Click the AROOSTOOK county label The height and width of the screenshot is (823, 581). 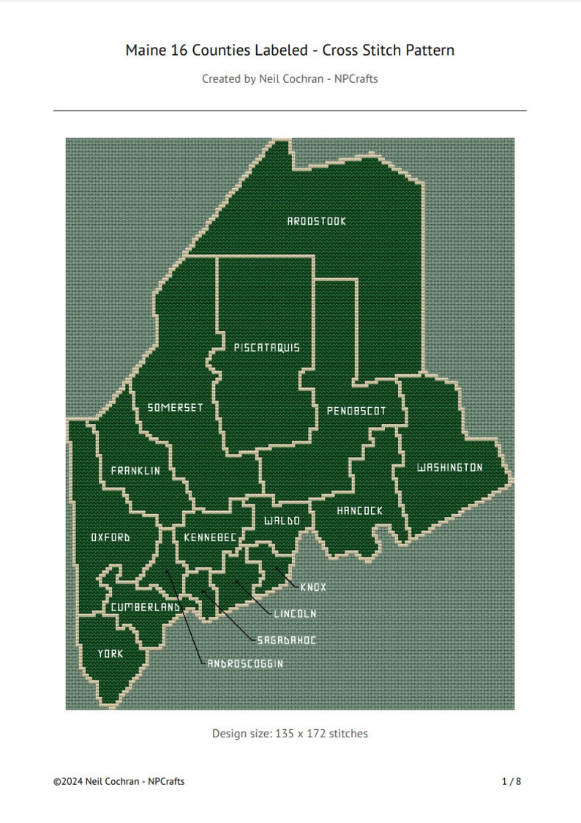316,221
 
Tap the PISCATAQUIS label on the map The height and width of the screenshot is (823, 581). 266,348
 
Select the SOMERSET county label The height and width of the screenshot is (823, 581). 175,408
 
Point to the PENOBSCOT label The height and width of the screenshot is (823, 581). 356,411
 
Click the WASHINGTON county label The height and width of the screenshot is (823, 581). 449,468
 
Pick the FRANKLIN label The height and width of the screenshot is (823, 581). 135,471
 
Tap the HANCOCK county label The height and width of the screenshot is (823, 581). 359,511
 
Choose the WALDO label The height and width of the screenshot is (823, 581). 282,521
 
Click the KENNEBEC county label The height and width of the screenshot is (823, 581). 210,538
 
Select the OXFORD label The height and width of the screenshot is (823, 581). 110,537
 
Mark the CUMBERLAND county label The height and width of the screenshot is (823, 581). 146,608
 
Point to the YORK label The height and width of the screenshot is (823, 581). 110,654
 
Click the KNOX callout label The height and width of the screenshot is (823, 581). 313,587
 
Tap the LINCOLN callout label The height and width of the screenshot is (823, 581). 295,614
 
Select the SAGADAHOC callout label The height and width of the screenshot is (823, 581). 287,640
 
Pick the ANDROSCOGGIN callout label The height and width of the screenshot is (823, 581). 245,663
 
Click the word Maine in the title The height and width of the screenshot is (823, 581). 145,50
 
